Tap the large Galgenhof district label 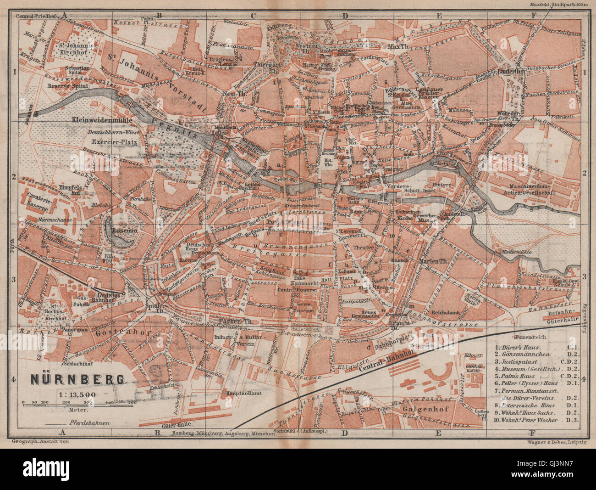pos(422,406)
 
